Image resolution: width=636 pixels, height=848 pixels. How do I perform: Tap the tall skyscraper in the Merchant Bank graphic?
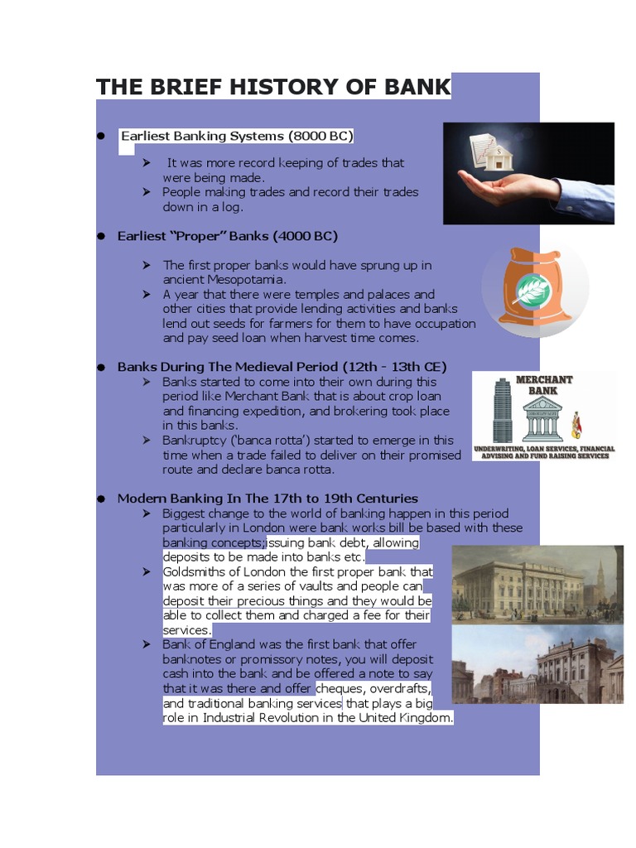502,409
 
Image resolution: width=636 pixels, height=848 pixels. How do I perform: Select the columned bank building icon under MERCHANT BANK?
544,419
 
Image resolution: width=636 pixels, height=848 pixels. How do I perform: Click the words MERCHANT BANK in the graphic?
544,385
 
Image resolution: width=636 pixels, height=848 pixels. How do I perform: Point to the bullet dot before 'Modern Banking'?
101,499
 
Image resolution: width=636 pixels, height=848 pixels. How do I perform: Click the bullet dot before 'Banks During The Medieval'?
101,367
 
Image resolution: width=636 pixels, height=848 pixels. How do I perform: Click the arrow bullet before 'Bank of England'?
147,644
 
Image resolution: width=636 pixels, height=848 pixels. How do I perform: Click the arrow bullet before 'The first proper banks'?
147,265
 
